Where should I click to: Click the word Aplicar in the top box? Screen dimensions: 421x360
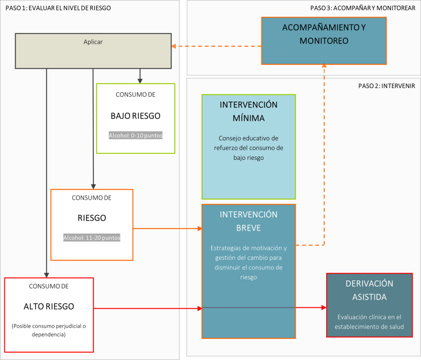[x=93, y=42]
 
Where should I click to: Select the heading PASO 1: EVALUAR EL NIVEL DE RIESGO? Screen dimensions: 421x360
[x=58, y=8]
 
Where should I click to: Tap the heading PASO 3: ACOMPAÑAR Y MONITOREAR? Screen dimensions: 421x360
[x=363, y=8]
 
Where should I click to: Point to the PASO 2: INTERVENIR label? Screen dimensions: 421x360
[x=387, y=86]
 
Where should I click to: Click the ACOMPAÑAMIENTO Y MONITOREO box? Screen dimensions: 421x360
[x=324, y=41]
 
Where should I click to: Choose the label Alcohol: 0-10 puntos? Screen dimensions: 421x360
[x=136, y=135]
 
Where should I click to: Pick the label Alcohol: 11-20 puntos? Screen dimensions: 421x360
[x=92, y=238]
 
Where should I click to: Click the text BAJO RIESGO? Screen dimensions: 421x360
[x=136, y=116]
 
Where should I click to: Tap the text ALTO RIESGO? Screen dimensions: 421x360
[x=49, y=306]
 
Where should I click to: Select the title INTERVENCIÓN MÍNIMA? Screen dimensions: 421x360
[x=249, y=111]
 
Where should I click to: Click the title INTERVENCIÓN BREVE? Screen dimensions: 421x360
[x=249, y=221]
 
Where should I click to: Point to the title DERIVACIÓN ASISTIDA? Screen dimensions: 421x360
[x=369, y=290]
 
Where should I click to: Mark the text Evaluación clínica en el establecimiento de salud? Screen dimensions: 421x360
[x=369, y=322]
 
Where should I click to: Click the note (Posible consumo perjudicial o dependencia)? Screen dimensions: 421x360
[x=49, y=330]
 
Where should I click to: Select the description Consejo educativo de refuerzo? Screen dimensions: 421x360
[x=249, y=148]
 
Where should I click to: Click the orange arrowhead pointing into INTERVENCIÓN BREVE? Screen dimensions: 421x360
[x=200, y=229]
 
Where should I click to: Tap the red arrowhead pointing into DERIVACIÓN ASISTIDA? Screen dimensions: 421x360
[x=324, y=307]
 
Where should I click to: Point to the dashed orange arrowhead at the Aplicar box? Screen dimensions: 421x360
[x=174, y=46]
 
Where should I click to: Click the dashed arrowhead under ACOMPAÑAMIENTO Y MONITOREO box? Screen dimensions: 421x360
[x=324, y=65]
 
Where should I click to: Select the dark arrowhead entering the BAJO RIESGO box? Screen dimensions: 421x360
[x=140, y=81]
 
